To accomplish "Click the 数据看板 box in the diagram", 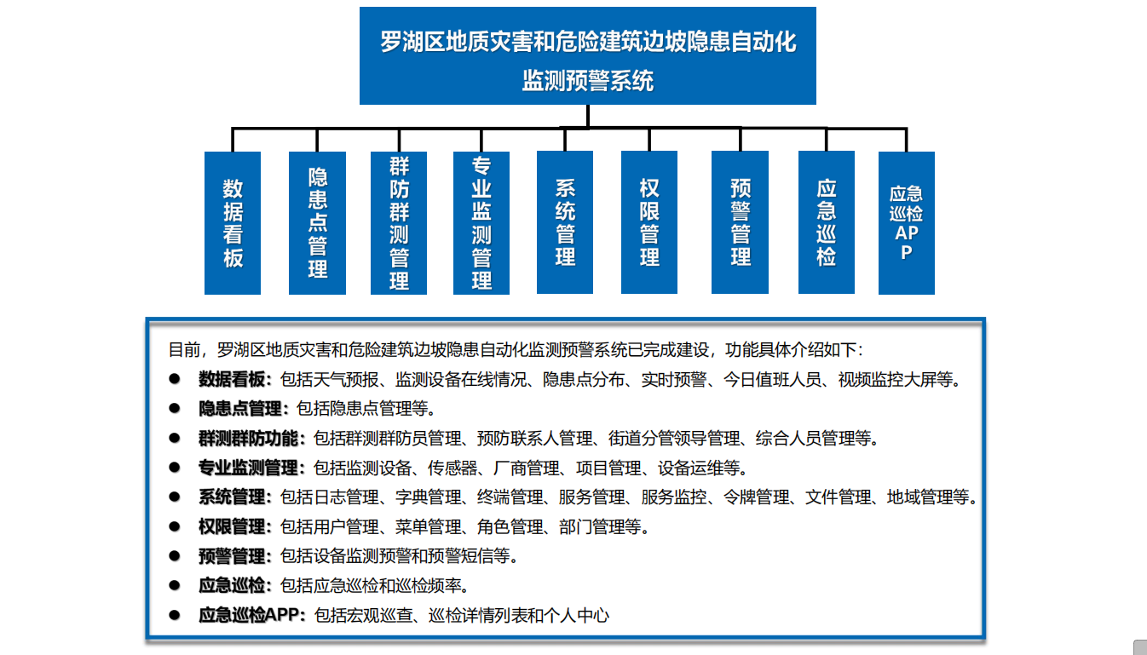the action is pyautogui.click(x=233, y=223).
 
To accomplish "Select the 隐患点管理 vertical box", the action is pyautogui.click(x=317, y=223).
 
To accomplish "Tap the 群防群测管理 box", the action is pyautogui.click(x=398, y=223).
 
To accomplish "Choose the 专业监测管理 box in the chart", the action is pyautogui.click(x=481, y=223).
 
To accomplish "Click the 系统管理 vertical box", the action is pyautogui.click(x=565, y=222).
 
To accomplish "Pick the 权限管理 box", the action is pyautogui.click(x=649, y=222).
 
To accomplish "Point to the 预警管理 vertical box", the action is pyautogui.click(x=740, y=222).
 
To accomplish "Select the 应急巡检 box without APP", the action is pyautogui.click(x=827, y=222).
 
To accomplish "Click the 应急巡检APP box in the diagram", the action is pyautogui.click(x=907, y=223).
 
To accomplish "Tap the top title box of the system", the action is pyautogui.click(x=588, y=55).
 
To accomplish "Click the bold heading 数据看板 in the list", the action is pyautogui.click(x=232, y=379).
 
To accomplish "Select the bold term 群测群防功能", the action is pyautogui.click(x=248, y=438).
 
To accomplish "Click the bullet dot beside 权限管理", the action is pyautogui.click(x=175, y=526).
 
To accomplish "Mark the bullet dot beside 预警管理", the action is pyautogui.click(x=175, y=555).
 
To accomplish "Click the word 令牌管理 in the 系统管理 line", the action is pyautogui.click(x=756, y=497).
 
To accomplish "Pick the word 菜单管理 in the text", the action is pyautogui.click(x=428, y=526).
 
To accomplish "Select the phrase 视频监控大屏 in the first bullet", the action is pyautogui.click(x=887, y=379).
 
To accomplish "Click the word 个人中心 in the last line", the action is pyautogui.click(x=577, y=615).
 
